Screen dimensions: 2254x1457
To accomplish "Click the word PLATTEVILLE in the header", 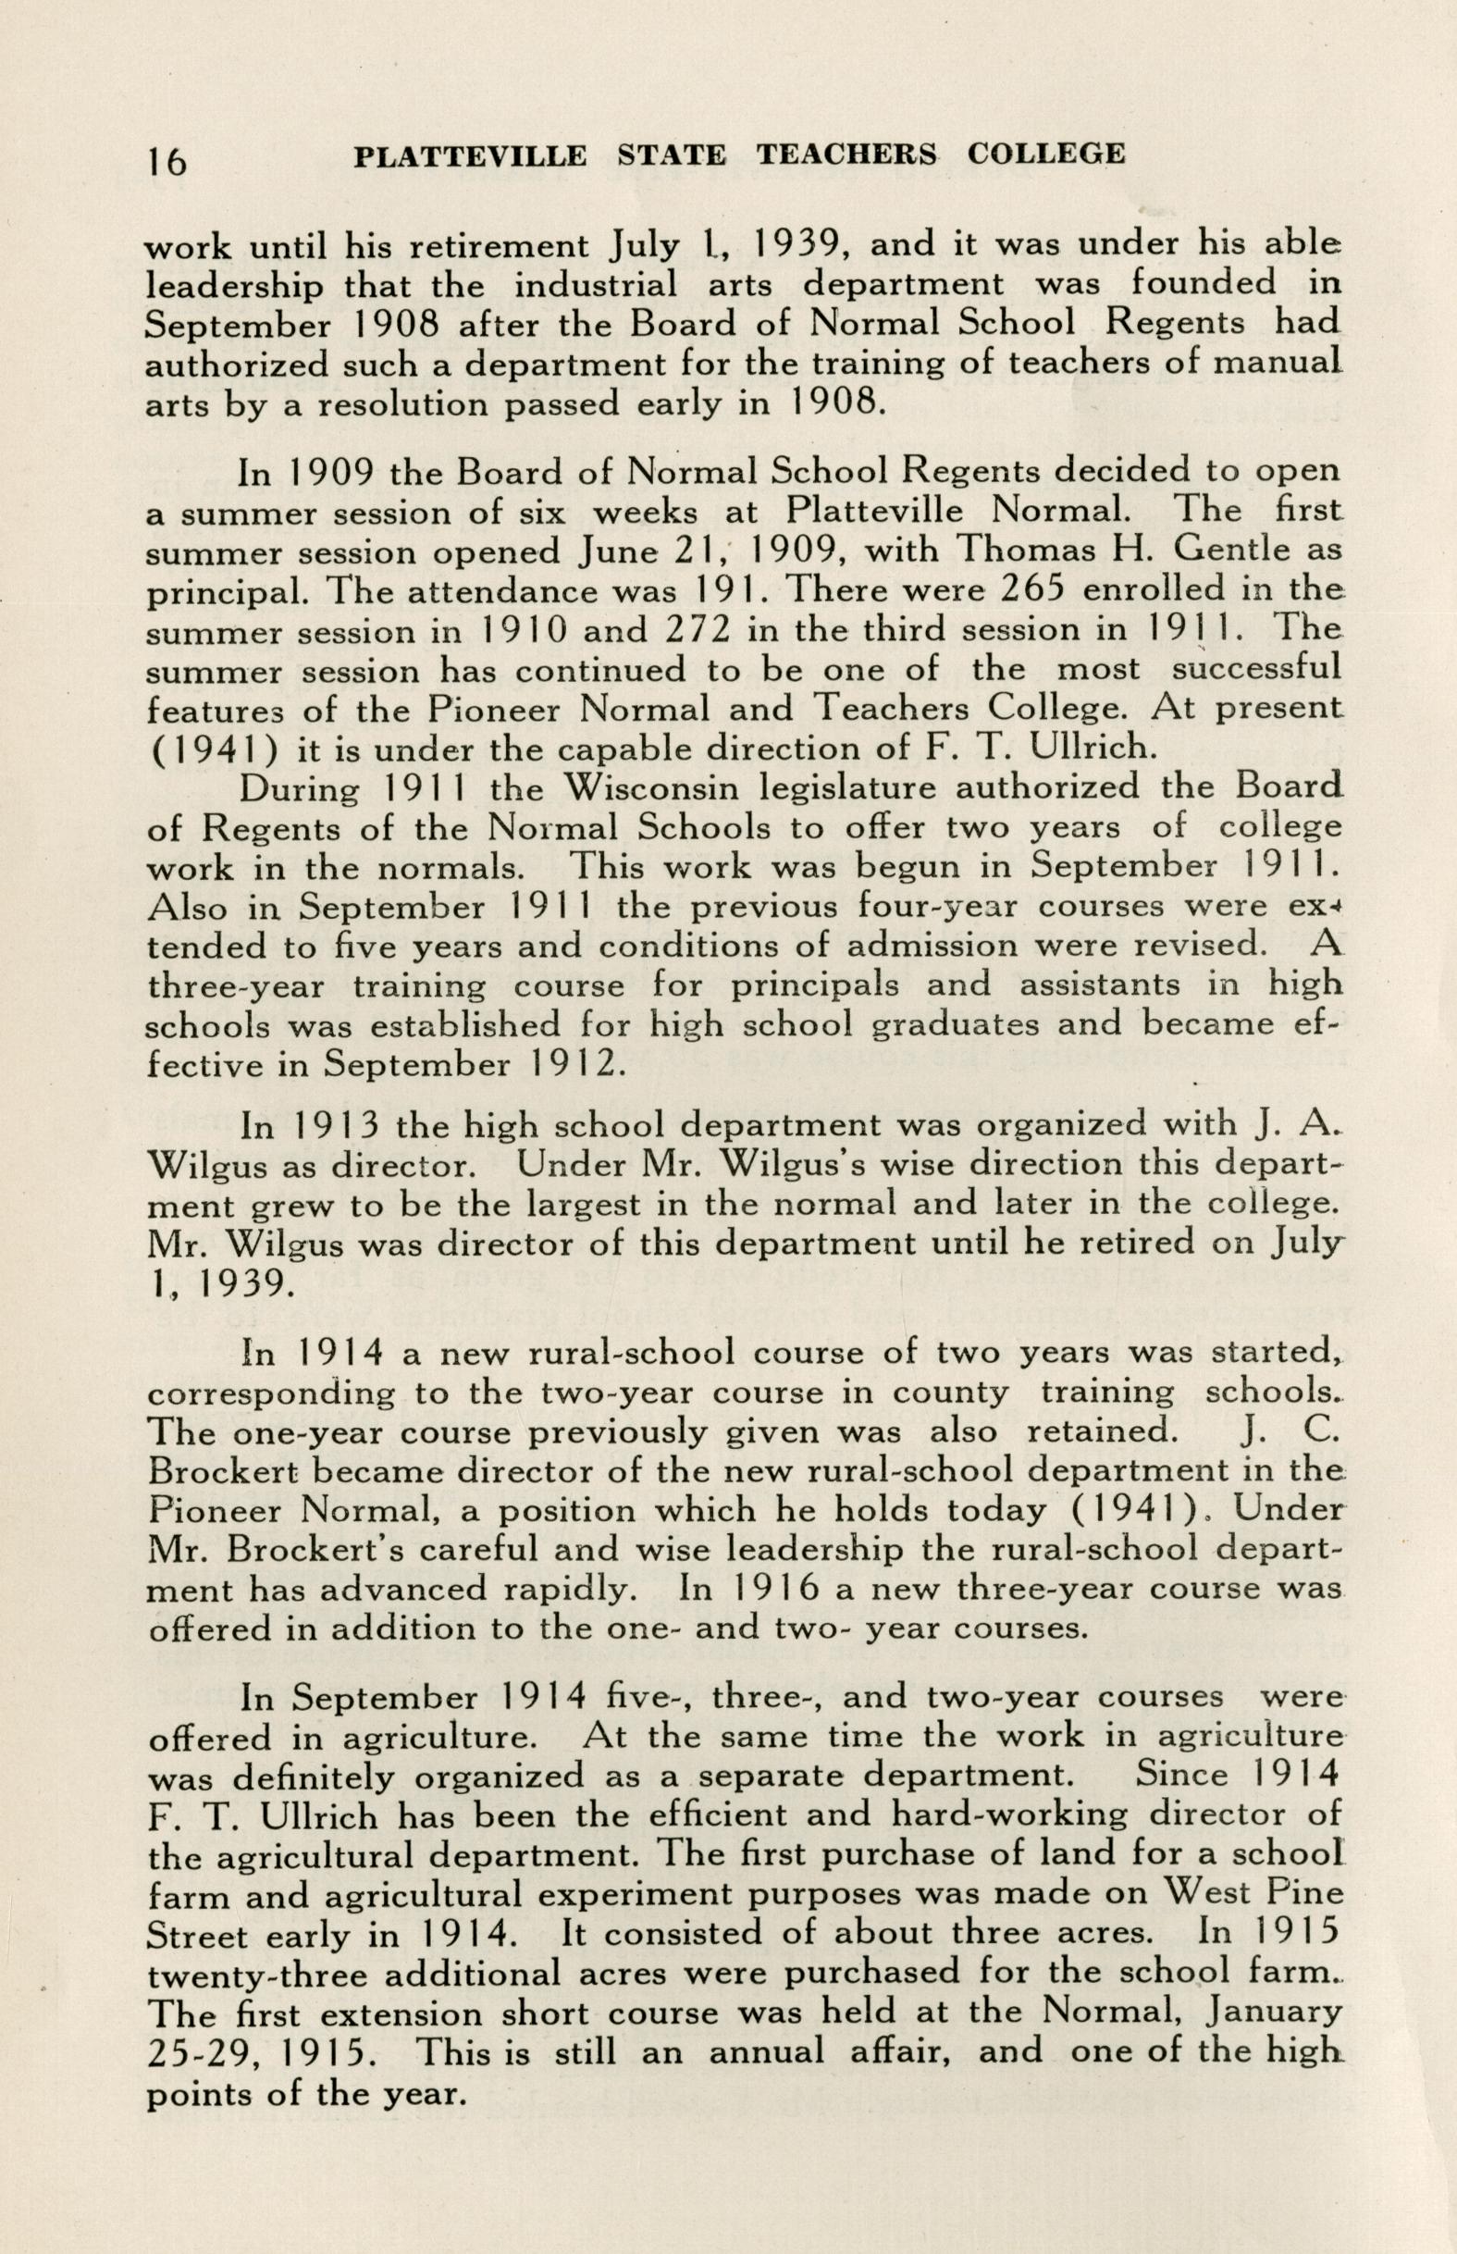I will tap(469, 155).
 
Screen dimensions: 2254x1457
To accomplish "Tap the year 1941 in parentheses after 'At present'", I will tap(212, 749).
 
